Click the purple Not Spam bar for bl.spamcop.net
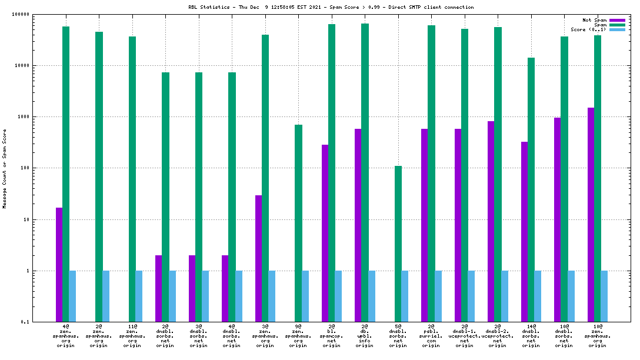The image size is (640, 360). (x=325, y=233)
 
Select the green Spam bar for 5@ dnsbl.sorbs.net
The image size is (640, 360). (x=398, y=244)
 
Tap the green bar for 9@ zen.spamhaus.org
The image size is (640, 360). (x=298, y=223)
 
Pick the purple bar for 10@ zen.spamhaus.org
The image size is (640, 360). (x=591, y=215)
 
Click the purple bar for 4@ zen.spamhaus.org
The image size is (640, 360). (x=59, y=265)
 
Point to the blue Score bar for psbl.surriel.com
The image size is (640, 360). (x=438, y=296)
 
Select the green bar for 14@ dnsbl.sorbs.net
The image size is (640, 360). (x=531, y=189)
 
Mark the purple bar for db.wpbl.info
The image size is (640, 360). (x=358, y=225)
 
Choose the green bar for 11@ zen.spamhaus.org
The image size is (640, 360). (x=132, y=179)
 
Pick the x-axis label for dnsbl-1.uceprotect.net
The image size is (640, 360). (x=465, y=335)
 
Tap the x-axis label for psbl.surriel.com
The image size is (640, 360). (x=431, y=335)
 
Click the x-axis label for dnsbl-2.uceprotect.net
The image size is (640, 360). (x=498, y=335)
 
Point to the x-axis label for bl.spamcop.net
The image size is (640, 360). (x=332, y=335)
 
